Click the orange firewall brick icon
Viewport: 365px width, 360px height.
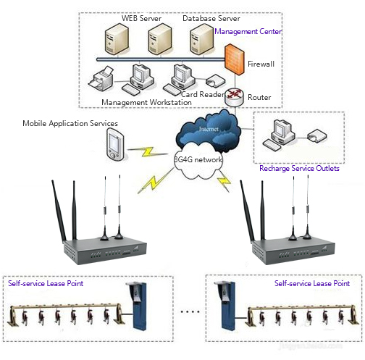point(233,58)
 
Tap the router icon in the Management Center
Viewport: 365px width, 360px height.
point(233,96)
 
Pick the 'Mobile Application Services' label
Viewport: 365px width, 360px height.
point(71,124)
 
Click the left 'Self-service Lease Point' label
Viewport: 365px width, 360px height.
point(46,283)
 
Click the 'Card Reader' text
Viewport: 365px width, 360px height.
point(202,93)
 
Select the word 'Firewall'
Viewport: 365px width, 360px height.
point(261,64)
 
